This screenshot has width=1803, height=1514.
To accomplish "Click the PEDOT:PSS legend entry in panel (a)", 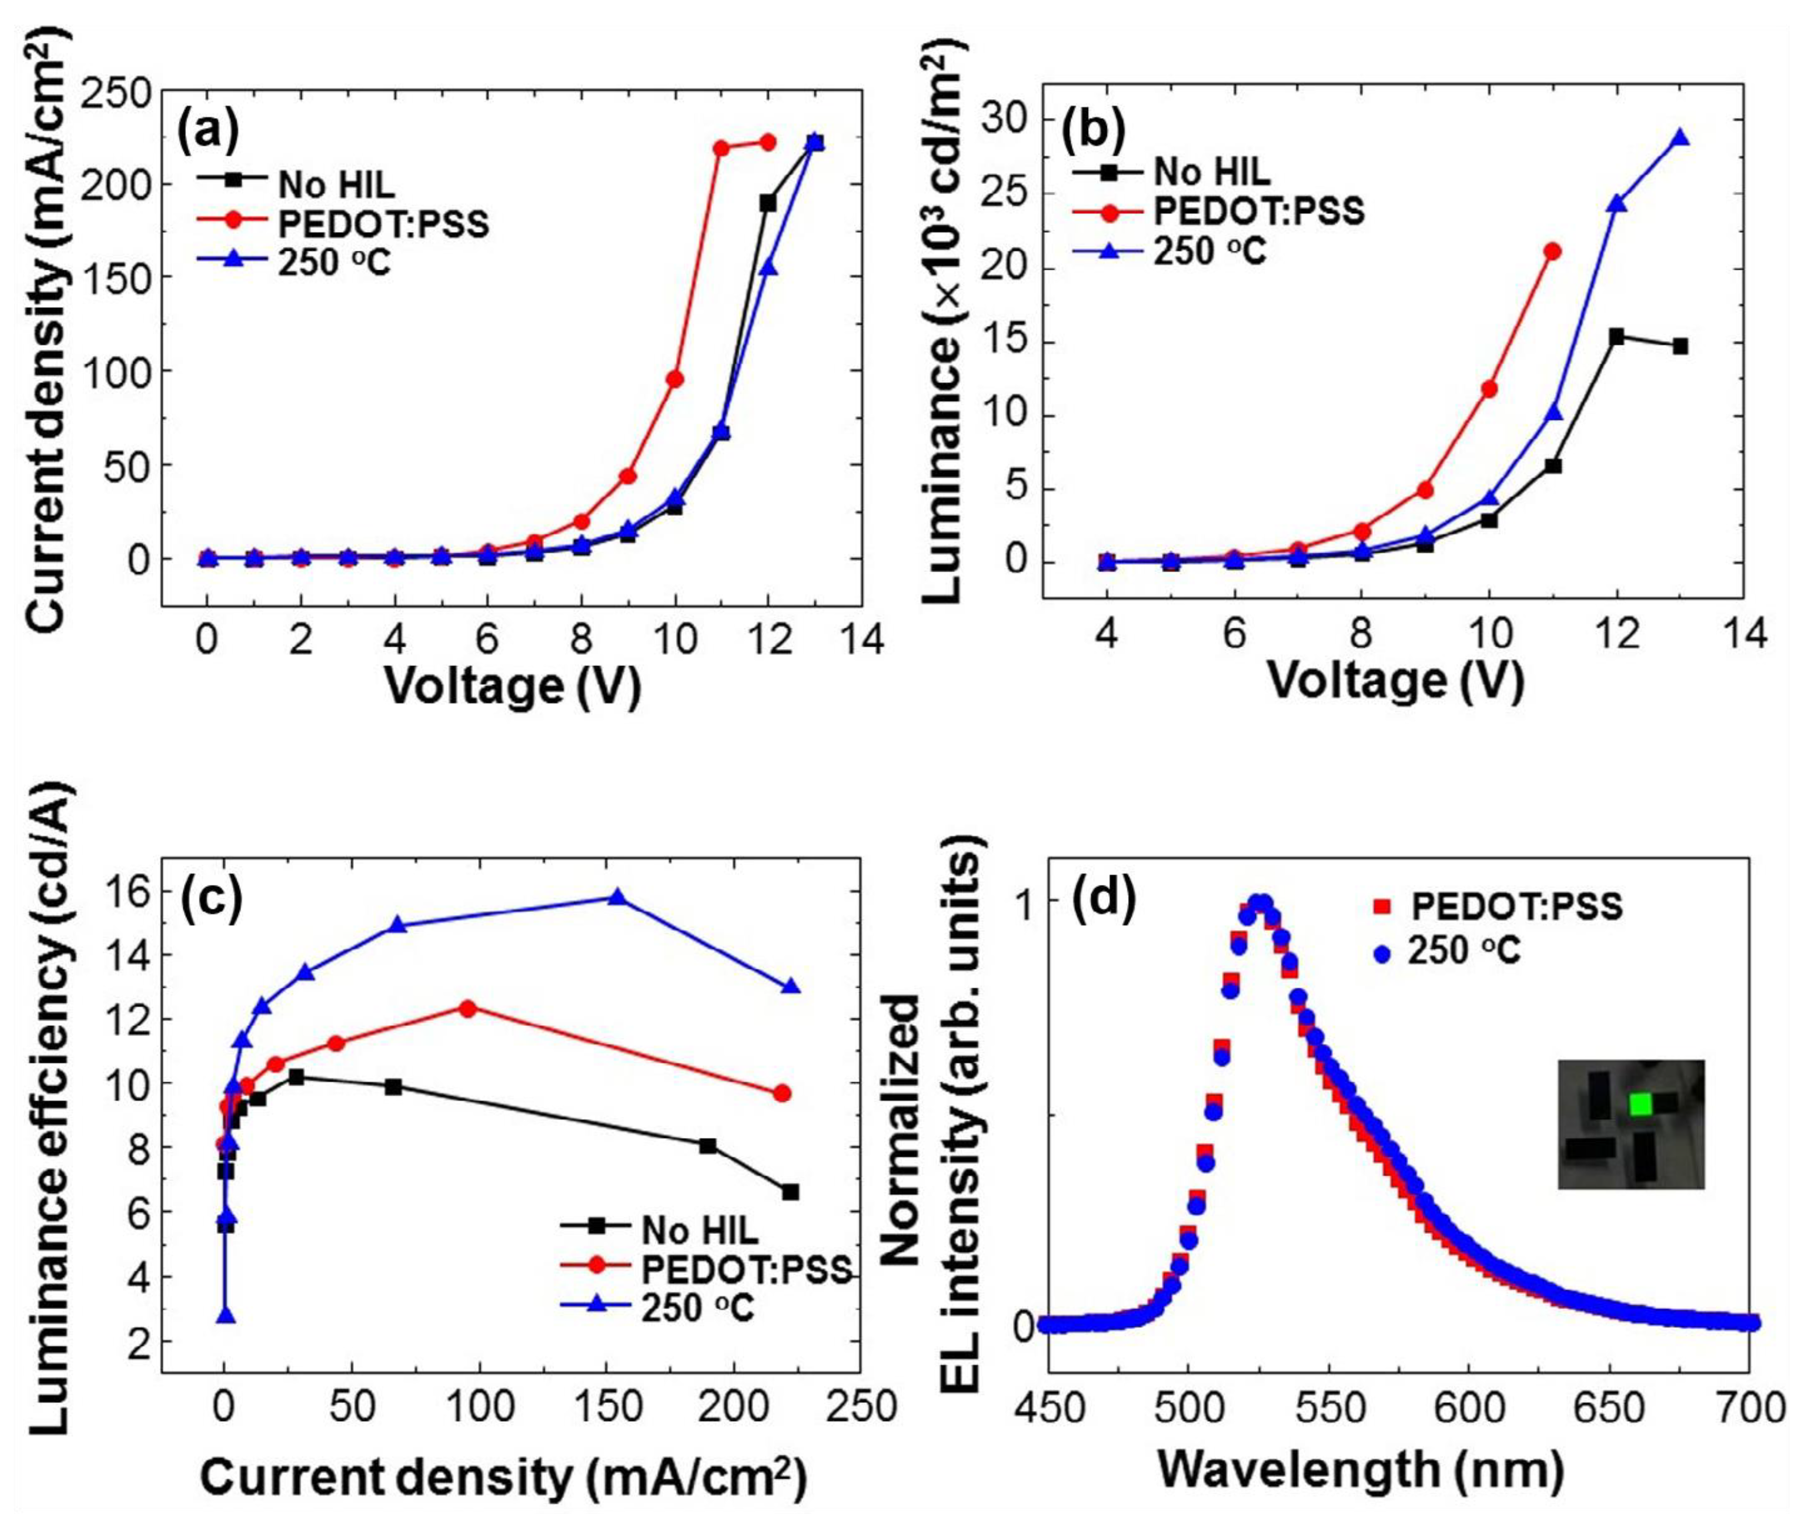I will click(343, 224).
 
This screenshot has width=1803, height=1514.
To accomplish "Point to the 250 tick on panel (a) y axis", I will click(116, 93).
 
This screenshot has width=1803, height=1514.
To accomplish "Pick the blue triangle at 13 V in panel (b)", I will click(1680, 138).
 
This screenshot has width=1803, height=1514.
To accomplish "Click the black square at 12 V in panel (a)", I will click(768, 203).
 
